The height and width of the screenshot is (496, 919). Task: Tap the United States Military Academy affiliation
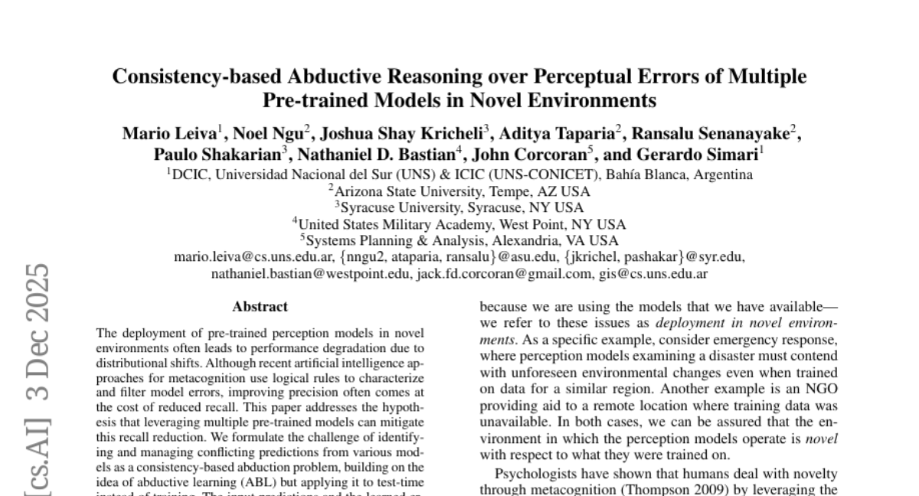coord(459,224)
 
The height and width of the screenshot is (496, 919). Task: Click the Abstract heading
coord(260,307)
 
